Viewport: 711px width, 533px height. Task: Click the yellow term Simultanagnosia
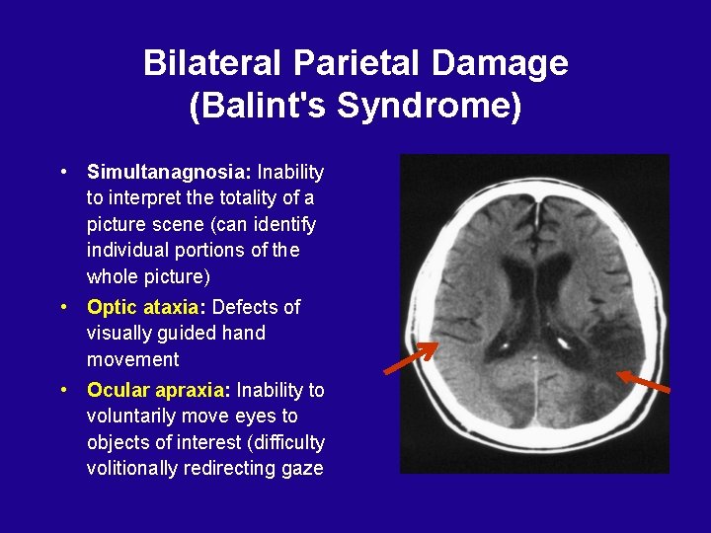[169, 173]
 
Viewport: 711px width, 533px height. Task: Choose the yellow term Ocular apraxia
[158, 390]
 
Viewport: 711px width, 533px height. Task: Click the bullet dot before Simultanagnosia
[63, 171]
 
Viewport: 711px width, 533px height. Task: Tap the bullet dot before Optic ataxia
[63, 305]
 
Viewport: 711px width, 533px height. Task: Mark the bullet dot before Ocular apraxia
[63, 388]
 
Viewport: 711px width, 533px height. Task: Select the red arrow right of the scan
[644, 382]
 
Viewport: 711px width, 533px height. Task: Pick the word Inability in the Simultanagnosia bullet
[290, 173]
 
